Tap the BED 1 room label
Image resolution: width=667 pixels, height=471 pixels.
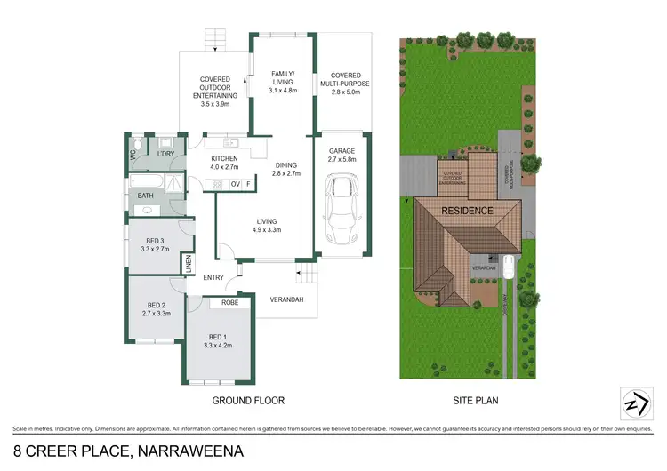click(x=218, y=336)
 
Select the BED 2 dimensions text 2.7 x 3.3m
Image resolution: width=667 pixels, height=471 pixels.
click(x=156, y=313)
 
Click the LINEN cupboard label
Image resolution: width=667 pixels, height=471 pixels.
click(x=188, y=264)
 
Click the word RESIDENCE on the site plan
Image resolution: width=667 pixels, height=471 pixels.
click(x=468, y=212)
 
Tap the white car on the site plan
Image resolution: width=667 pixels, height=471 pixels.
click(x=508, y=266)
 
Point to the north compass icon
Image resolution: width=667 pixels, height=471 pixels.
click(x=631, y=403)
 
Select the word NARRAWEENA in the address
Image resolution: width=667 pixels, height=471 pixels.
click(x=190, y=451)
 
